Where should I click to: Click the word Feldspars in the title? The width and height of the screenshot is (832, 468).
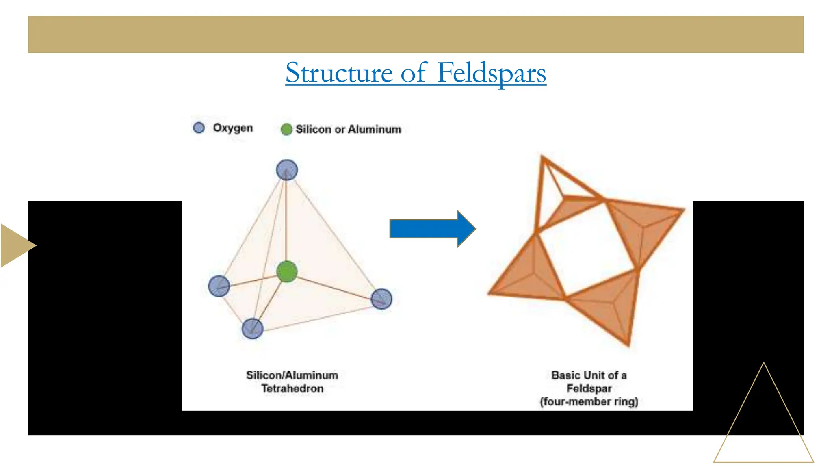click(492, 73)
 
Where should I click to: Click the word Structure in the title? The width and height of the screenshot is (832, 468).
click(339, 73)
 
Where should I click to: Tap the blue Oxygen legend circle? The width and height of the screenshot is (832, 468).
click(199, 128)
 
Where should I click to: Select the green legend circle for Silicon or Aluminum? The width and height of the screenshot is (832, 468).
click(286, 130)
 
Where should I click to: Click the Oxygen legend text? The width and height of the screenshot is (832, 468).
click(233, 128)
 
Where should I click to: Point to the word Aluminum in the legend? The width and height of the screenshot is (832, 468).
click(375, 130)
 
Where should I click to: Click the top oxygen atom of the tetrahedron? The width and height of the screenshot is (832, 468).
click(287, 170)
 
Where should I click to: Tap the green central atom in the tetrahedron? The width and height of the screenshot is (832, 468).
click(287, 271)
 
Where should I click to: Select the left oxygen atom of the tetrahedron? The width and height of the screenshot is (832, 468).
click(219, 286)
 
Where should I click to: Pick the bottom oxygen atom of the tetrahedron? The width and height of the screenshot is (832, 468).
click(252, 328)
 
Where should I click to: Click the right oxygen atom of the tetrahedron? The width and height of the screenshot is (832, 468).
click(381, 299)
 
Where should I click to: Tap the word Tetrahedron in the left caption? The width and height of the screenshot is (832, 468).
click(292, 389)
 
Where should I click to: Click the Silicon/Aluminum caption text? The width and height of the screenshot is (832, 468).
click(292, 375)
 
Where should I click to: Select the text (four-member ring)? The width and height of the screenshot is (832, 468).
click(589, 402)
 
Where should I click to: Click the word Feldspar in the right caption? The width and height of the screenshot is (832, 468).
click(589, 389)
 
